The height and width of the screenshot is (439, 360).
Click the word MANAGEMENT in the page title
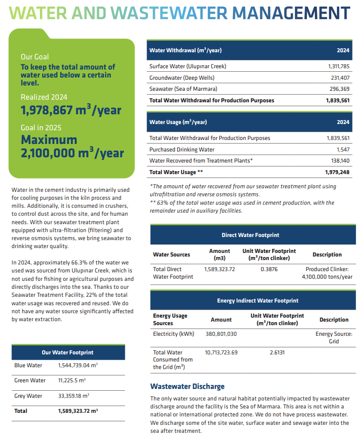pos(290,13)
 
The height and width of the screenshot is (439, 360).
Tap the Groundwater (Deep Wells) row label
pos(181,78)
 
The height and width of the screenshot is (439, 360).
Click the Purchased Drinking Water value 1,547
pos(343,150)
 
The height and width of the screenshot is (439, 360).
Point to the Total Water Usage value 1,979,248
pos(337,172)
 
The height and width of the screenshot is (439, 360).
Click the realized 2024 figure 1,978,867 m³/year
pos(71,110)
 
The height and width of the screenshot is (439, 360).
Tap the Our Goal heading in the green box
pos(35,57)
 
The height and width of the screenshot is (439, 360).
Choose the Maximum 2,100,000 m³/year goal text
pos(72,147)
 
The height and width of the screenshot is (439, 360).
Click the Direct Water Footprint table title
pos(250,235)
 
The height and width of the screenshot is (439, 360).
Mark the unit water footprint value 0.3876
pos(269,269)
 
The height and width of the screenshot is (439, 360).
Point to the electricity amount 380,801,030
pos(221,334)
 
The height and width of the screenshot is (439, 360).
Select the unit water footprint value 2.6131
pos(277,353)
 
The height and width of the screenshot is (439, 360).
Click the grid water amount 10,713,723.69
pos(221,353)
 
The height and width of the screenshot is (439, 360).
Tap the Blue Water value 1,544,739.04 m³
pos(78,365)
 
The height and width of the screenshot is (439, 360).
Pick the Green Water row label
pos(30,381)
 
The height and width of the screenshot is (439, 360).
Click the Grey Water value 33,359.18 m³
pos(75,396)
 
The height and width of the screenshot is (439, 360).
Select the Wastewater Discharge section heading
pos(187,386)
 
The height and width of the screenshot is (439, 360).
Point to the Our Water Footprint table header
pos(68,353)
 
